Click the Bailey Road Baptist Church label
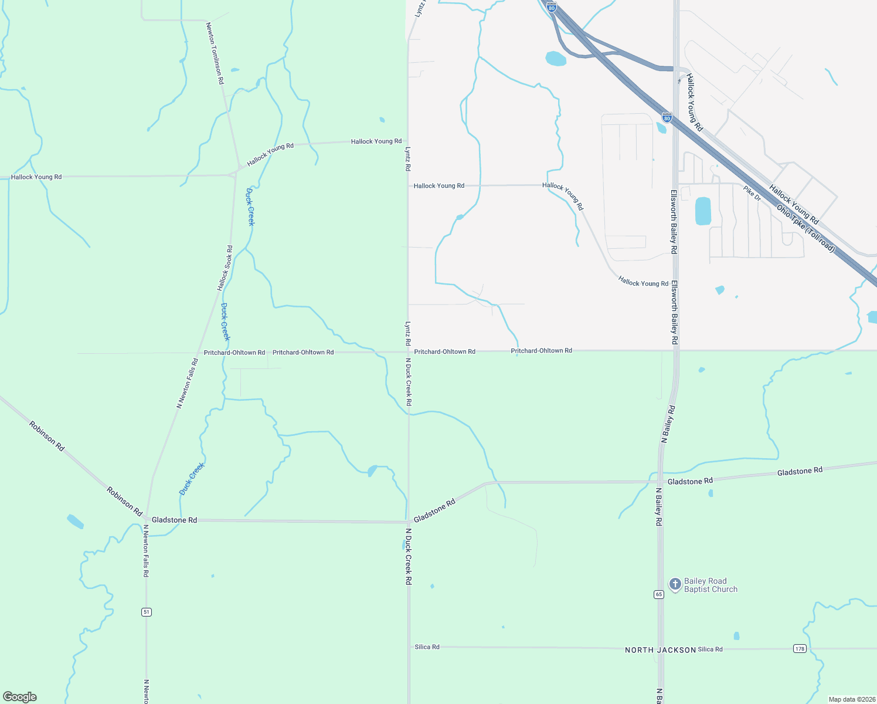pos(711,585)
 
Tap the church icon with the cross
pos(675,584)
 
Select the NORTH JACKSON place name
pos(660,650)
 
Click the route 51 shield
pos(147,612)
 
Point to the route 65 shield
pos(659,594)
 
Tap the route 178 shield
pos(800,648)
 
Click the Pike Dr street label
pos(752,194)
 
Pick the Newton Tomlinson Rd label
pos(215,53)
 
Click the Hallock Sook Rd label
pos(225,268)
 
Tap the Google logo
pos(20,696)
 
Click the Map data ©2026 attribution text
pos(851,699)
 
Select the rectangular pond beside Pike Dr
pos(702,211)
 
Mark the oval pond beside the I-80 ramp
pos(556,59)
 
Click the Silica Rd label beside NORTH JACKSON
pos(710,649)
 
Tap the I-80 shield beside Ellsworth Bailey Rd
pos(667,117)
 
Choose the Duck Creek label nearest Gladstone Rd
pos(192,479)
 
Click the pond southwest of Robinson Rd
pos(75,522)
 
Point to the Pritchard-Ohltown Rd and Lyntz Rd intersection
pos(408,352)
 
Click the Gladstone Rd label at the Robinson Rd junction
pos(174,520)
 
